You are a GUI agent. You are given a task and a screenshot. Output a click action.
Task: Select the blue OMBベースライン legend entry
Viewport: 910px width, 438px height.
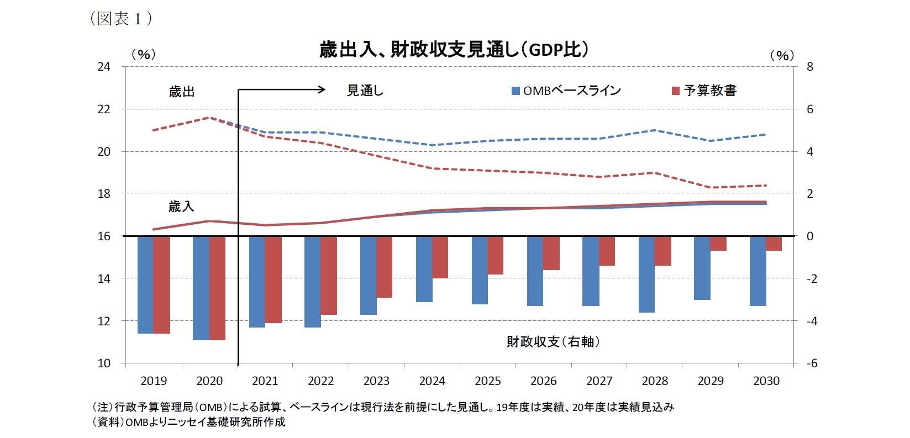(x=566, y=91)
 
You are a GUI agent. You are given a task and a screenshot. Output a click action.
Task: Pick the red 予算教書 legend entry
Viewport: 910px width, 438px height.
(x=704, y=91)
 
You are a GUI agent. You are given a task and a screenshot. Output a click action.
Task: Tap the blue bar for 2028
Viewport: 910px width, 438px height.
(x=646, y=274)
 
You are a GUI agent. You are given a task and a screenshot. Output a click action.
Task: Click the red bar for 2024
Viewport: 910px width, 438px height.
(x=440, y=257)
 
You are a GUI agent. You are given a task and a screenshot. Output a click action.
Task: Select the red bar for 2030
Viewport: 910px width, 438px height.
(x=774, y=244)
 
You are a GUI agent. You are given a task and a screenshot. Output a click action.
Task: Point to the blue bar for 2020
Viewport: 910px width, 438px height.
(x=201, y=288)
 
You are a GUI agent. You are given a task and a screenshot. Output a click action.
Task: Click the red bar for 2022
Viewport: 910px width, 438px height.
(x=329, y=275)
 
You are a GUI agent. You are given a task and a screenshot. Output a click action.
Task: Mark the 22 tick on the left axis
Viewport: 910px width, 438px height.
(x=104, y=109)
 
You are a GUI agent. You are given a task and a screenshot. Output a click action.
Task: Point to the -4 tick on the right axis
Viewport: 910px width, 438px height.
(x=811, y=321)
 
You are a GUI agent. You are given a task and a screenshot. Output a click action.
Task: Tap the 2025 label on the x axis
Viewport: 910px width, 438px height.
(x=487, y=381)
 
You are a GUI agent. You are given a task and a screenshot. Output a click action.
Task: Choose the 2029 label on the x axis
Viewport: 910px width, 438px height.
(x=711, y=381)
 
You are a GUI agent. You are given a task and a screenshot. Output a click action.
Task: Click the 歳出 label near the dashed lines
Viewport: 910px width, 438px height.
(x=182, y=92)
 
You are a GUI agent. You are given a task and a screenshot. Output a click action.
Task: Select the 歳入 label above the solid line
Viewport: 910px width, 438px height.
(x=181, y=207)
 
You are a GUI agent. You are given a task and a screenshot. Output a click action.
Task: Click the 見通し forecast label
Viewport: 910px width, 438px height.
(x=365, y=91)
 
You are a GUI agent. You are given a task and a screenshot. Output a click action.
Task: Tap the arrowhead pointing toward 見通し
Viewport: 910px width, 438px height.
(x=322, y=89)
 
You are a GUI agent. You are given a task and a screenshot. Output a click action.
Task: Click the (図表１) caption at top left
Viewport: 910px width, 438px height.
(x=120, y=19)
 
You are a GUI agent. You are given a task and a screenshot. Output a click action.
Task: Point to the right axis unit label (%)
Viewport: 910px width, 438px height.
(x=781, y=55)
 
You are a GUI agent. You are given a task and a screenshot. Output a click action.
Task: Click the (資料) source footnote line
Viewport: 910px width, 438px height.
(x=188, y=422)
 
